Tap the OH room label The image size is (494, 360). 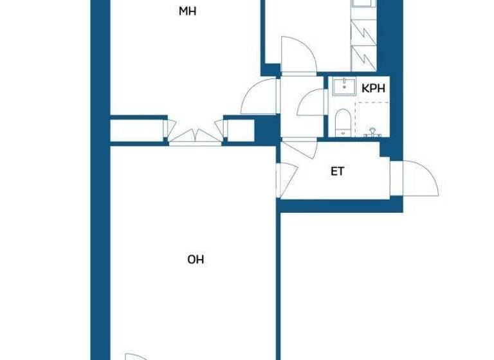tap(196, 260)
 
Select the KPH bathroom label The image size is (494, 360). tap(373, 89)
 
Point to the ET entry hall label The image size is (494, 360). tap(337, 172)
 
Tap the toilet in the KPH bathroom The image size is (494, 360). tap(342, 122)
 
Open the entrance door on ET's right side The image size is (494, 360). tap(419, 179)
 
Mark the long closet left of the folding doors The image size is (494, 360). tap(136, 129)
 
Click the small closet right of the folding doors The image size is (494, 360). tap(239, 129)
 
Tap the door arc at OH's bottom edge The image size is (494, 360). tap(135, 356)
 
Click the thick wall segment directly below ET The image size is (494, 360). tap(342, 206)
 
